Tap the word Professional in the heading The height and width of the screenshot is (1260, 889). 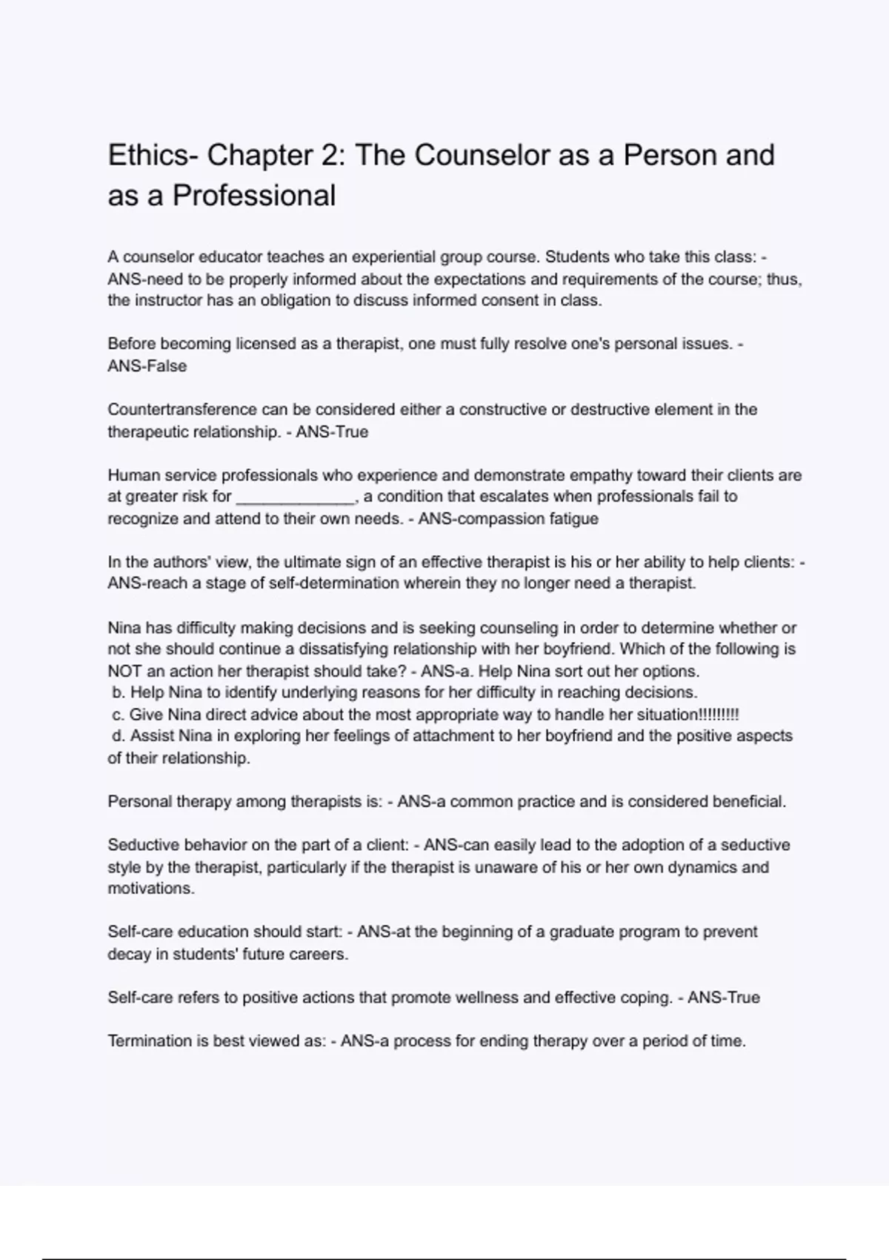(x=254, y=196)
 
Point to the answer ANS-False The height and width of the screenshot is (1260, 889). (x=147, y=366)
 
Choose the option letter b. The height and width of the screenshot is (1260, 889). (x=118, y=693)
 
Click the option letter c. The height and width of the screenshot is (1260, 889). (x=117, y=715)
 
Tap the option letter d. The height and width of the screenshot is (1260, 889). (x=118, y=736)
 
